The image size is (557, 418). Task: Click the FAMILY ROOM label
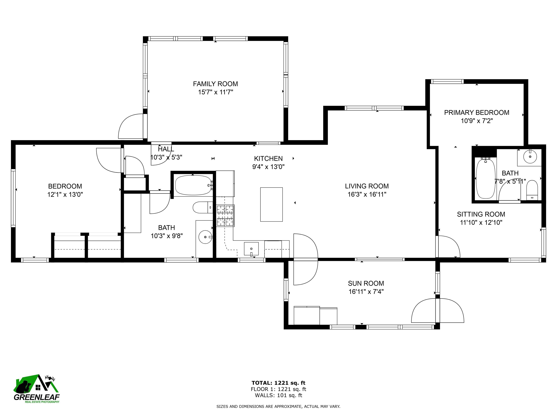click(215, 84)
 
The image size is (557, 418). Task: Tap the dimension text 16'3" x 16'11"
click(367, 194)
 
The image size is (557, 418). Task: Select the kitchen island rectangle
click(271, 204)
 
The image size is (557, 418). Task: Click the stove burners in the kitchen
click(226, 215)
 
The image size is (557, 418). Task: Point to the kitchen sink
click(251, 249)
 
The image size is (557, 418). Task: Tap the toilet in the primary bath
click(532, 190)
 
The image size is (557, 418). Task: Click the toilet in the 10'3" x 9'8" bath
click(203, 207)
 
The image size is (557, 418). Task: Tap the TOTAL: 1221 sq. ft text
click(278, 383)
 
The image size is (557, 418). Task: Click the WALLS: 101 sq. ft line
click(278, 395)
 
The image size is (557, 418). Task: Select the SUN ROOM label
click(366, 283)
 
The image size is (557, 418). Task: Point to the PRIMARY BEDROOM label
click(476, 112)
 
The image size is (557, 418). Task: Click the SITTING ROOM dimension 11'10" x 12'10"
click(481, 222)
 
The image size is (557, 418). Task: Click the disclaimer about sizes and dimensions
click(278, 406)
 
